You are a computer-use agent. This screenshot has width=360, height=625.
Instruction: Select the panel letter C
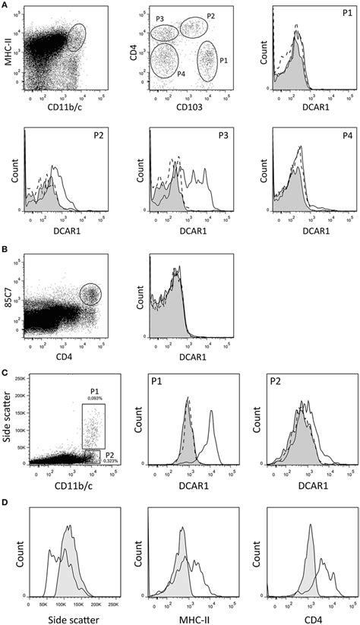(5, 371)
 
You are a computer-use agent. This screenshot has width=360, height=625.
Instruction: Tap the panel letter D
(5, 502)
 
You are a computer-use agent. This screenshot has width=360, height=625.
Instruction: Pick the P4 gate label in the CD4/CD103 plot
(159, 74)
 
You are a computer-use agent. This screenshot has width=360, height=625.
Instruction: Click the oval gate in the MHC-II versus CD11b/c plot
(75, 36)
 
